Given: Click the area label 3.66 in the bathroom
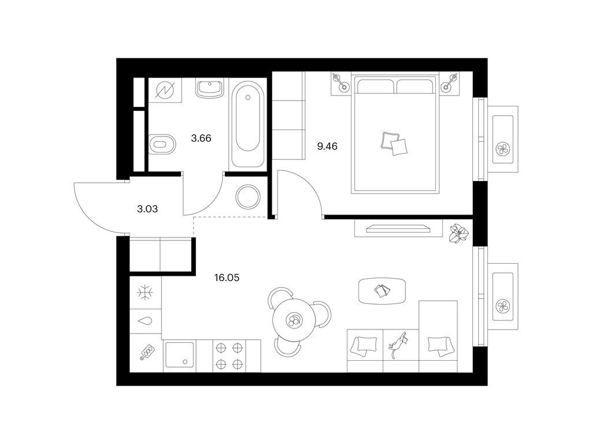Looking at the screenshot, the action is coord(201,138).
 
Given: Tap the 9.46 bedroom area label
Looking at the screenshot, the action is coord(327,146).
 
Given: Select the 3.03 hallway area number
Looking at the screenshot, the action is coord(147,209).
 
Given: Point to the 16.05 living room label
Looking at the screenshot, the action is coord(227,278).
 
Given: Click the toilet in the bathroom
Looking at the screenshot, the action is coord(162,144).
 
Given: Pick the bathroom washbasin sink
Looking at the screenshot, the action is coord(209,88).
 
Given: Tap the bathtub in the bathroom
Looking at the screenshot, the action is coord(247,124).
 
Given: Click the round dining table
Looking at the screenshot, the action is coord(294,320).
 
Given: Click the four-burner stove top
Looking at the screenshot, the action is coord(229,356).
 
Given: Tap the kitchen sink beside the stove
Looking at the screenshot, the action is coord(180,356).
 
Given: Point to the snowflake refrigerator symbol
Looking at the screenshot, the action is coord(145,293).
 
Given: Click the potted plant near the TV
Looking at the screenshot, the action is coord(458,232).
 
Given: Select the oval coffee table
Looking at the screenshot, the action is coord(383,291).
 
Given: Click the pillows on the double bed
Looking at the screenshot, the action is coord(394,143).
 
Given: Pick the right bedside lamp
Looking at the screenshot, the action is coord(449,83).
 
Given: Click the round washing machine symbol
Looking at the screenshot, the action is coord(247,197).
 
